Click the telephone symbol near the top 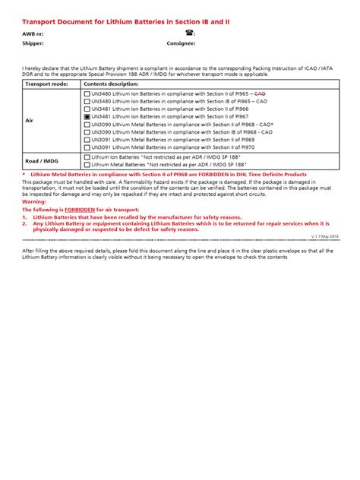190,34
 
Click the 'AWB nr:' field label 33,34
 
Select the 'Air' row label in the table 30,120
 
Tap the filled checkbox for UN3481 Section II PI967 87,116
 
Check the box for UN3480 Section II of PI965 87,93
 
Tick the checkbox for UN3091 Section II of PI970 87,147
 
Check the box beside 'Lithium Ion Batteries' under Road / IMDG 87,157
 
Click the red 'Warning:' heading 33,202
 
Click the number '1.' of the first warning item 24,217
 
